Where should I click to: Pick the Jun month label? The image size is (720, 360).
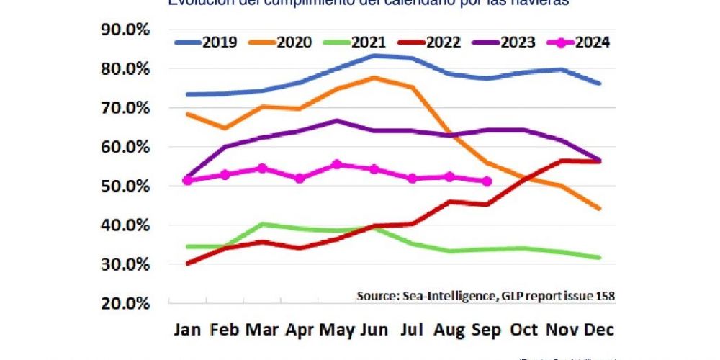[x=373, y=329]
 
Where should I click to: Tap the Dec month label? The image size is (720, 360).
[x=600, y=329]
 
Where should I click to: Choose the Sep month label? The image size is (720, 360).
[x=487, y=329]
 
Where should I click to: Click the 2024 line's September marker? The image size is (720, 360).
[x=487, y=181]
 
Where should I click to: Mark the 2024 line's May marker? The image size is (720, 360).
[x=336, y=165]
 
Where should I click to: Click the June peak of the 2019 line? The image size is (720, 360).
[x=373, y=55]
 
